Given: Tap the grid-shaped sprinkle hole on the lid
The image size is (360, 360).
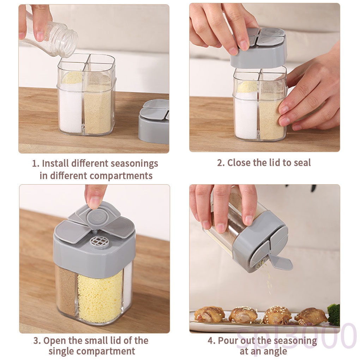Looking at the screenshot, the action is coord(100,241).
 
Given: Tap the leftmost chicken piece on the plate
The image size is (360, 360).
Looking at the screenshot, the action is coord(209,314).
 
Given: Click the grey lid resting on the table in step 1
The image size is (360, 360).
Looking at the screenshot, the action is coord(154,122).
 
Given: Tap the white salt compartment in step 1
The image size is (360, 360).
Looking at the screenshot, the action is coord(70,108).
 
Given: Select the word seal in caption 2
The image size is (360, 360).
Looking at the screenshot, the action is coord(302,163).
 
